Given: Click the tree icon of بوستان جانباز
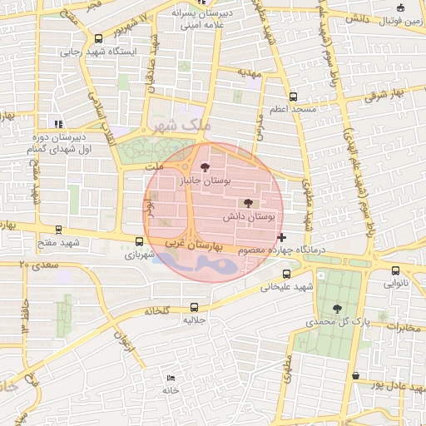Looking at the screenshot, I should pos(206,166).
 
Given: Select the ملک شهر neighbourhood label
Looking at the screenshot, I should pos(178,126).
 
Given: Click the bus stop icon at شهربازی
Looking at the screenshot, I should pos(139,241).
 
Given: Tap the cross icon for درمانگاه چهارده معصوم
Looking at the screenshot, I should pos(281,237).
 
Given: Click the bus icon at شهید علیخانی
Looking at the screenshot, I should pos(286,274).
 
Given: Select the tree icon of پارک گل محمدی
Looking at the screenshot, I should pos(337,308).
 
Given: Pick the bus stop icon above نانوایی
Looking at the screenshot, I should pos(395,270).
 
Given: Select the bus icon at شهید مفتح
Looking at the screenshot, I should pos(57,229).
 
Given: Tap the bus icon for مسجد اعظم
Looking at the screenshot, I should pos(292,97).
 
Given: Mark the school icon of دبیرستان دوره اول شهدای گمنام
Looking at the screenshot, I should pos(57,124).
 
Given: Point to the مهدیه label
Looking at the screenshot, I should pos(250,73).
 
